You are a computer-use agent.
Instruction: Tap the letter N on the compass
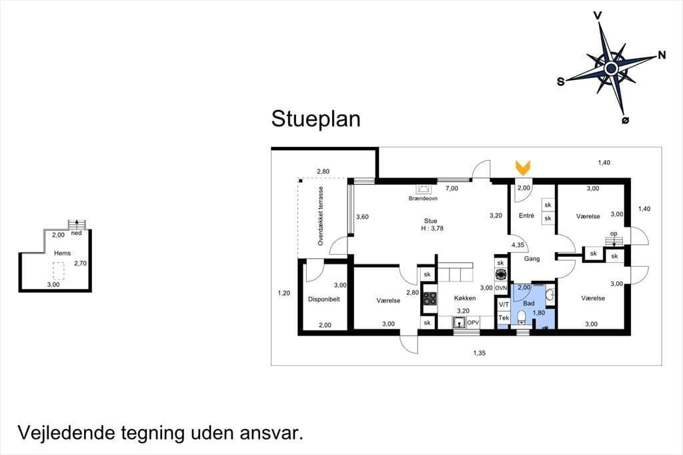point(662,55)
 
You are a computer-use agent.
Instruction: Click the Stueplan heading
point(315,119)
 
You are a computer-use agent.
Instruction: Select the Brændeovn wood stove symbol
point(423,188)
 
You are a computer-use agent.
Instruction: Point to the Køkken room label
point(465,298)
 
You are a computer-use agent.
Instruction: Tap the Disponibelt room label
point(323,300)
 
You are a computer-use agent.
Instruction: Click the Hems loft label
point(62,254)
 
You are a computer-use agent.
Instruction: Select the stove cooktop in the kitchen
point(430,298)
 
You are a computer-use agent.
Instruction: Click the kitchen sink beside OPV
point(459,323)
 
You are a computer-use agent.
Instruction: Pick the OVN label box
point(501,288)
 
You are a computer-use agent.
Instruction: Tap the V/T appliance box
point(504,305)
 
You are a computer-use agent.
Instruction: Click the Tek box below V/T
point(504,318)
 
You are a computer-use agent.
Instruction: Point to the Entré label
point(526,215)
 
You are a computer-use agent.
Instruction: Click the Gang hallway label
point(532,259)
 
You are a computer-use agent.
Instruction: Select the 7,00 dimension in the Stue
point(452,189)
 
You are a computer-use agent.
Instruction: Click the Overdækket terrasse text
point(321,216)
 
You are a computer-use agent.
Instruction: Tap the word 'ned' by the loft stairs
point(76,233)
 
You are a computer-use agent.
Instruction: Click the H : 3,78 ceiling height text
point(432,228)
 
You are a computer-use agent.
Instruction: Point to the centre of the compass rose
point(611,68)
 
